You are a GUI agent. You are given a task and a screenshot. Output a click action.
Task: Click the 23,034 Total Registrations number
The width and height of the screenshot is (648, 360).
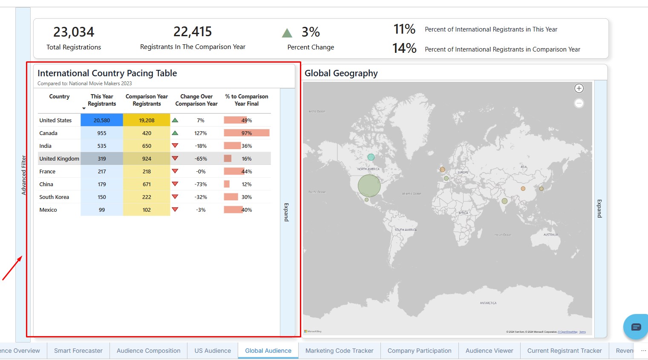pos(74,32)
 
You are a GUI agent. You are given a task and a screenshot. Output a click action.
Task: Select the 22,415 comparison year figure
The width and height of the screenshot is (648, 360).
pos(193,32)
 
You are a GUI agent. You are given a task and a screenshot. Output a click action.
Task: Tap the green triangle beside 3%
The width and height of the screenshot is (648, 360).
pos(287,33)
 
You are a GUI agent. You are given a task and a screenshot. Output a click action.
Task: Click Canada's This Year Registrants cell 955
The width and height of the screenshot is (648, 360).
pos(102,133)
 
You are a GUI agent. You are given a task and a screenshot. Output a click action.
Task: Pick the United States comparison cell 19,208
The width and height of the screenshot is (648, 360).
pos(147,120)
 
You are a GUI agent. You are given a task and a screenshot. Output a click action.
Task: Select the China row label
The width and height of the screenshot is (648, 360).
pos(46,184)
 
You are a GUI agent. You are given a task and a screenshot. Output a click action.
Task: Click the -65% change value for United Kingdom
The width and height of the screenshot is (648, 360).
pos(201,158)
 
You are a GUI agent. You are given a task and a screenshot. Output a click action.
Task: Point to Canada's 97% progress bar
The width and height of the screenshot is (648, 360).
pos(247,133)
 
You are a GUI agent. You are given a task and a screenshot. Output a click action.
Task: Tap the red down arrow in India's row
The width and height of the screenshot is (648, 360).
pos(175,146)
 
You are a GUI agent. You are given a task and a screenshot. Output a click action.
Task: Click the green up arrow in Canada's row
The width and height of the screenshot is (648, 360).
pos(175,133)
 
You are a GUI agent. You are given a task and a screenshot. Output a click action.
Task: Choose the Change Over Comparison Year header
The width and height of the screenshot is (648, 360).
pos(196,100)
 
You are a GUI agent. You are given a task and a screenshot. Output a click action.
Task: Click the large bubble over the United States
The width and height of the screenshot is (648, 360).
pos(369,186)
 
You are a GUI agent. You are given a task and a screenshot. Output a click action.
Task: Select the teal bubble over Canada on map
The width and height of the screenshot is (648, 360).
pos(371,157)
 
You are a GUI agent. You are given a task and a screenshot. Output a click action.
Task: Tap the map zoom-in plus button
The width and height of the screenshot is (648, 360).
pos(579,88)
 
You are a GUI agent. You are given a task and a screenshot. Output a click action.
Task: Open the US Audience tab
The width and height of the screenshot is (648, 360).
pos(213,351)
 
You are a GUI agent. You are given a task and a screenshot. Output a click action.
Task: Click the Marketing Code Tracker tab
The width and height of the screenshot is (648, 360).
pos(339,351)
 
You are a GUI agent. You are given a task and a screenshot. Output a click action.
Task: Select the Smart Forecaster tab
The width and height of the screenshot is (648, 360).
pos(78,351)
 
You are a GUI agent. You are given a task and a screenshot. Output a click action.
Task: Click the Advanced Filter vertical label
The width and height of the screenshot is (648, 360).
pos(24,175)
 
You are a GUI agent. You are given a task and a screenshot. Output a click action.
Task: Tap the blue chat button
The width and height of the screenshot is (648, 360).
pos(636,327)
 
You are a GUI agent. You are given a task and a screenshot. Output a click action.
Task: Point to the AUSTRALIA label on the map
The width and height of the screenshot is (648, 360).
pos(550,235)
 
